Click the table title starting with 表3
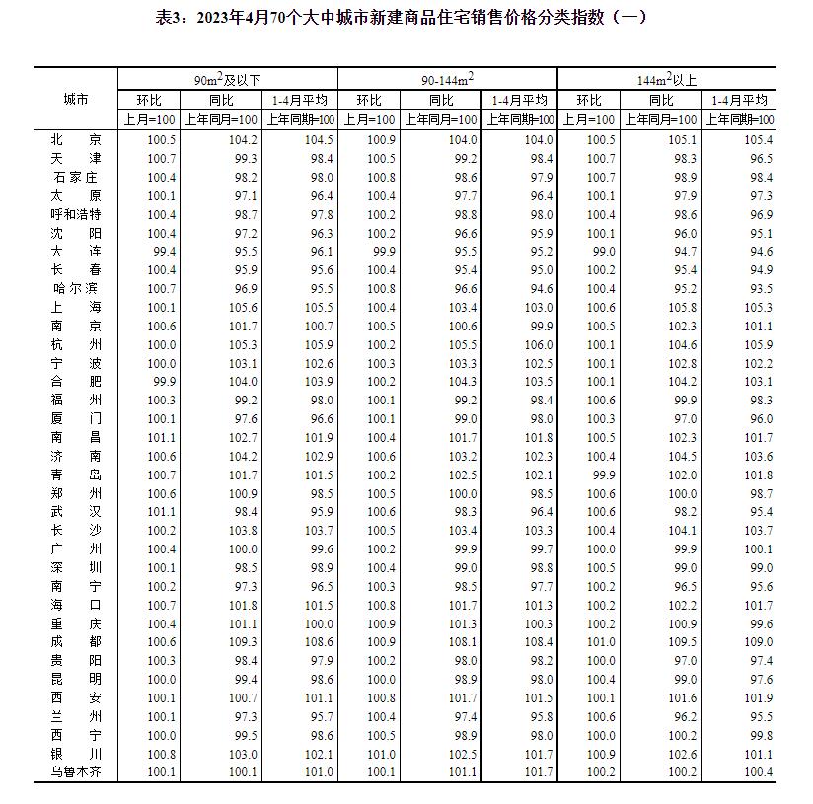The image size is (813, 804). [406, 17]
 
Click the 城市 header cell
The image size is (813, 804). [75, 100]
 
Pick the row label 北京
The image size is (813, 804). [75, 140]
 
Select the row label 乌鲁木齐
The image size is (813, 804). [75, 771]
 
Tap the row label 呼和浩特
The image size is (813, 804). [75, 214]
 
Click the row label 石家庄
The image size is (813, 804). [75, 177]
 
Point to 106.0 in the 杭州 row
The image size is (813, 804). [537, 344]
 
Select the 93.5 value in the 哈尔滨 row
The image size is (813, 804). [756, 288]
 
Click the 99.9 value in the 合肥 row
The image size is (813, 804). [162, 381]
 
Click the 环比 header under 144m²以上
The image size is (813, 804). [589, 100]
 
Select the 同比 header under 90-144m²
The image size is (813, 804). [441, 100]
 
